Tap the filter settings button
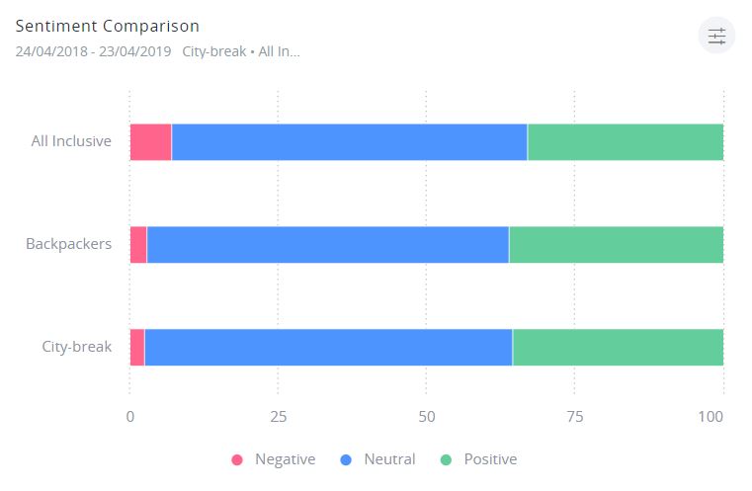pyautogui.click(x=716, y=37)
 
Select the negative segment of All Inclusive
pyautogui.click(x=150, y=142)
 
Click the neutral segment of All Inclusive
pyautogui.click(x=349, y=142)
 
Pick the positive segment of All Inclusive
pyautogui.click(x=625, y=142)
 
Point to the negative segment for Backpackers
pyautogui.click(x=138, y=245)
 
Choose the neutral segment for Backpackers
pyautogui.click(x=327, y=245)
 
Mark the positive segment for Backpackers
pyautogui.click(x=616, y=245)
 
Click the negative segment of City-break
pyautogui.click(x=137, y=348)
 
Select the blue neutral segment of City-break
pyautogui.click(x=328, y=348)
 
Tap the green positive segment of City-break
pyautogui.click(x=618, y=348)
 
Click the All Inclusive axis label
pyautogui.click(x=71, y=141)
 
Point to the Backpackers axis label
pyautogui.click(x=68, y=244)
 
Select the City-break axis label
pyautogui.click(x=76, y=347)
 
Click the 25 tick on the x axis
pyautogui.click(x=278, y=416)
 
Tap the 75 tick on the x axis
pyautogui.click(x=574, y=416)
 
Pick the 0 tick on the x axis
pyautogui.click(x=130, y=416)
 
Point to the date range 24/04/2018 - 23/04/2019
pyautogui.click(x=93, y=51)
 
